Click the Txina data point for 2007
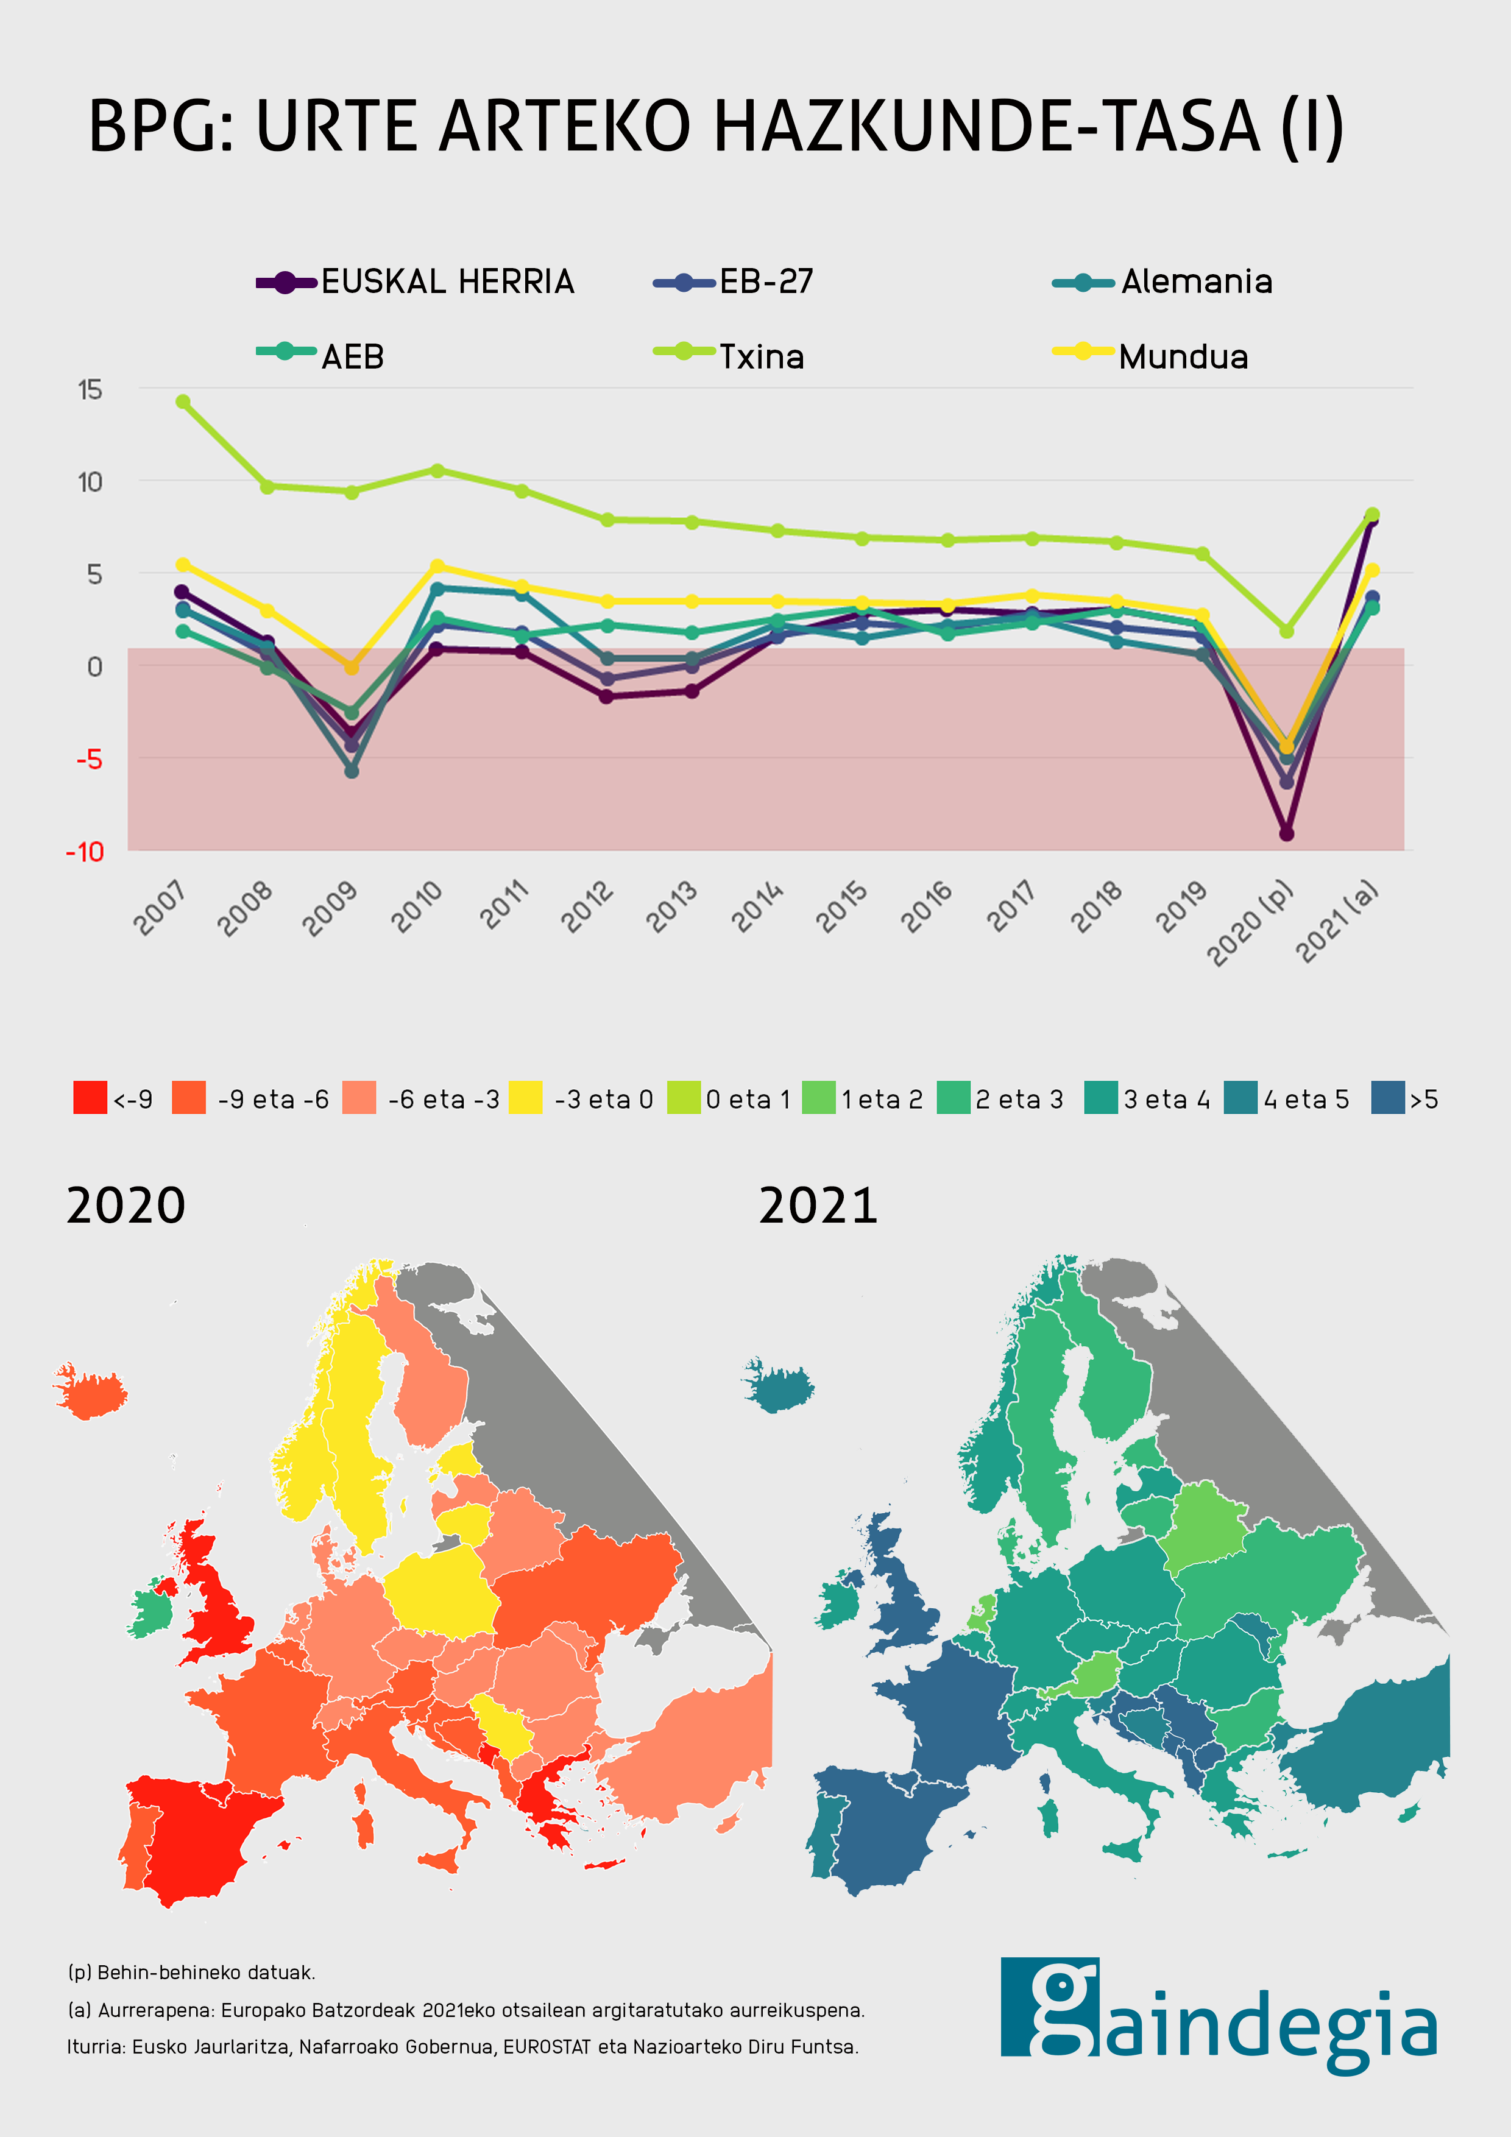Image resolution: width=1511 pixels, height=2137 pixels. tap(183, 402)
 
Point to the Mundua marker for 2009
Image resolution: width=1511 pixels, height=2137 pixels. tap(352, 667)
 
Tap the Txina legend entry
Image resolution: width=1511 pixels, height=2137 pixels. tap(729, 356)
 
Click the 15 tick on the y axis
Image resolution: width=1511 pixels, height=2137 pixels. tap(90, 390)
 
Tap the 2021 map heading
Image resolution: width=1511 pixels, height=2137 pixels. tap(818, 1206)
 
